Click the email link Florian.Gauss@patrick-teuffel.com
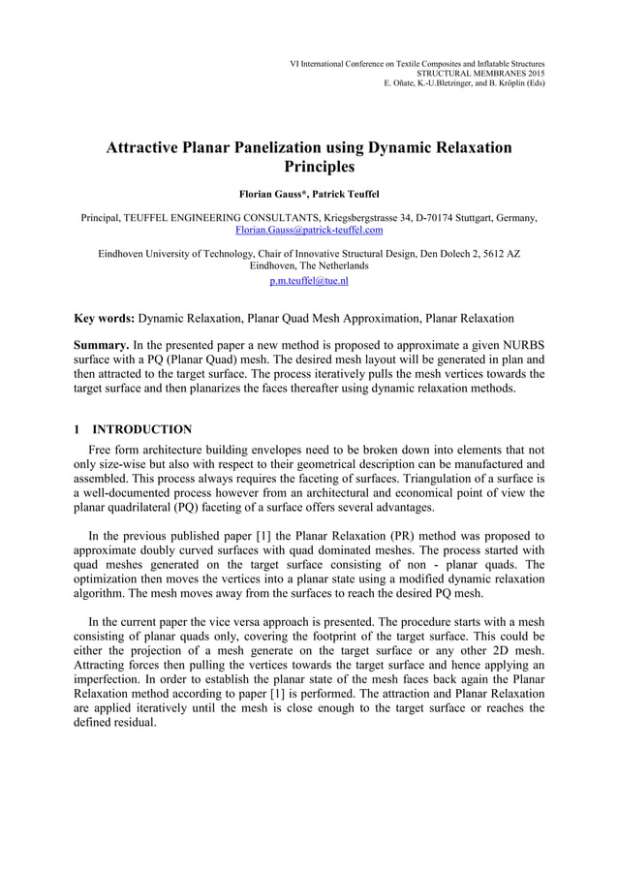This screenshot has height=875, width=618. click(x=309, y=231)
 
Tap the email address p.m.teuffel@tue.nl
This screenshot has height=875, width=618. click(x=309, y=281)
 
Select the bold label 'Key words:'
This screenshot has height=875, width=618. click(x=106, y=318)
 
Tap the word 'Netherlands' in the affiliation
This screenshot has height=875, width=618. click(x=339, y=266)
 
